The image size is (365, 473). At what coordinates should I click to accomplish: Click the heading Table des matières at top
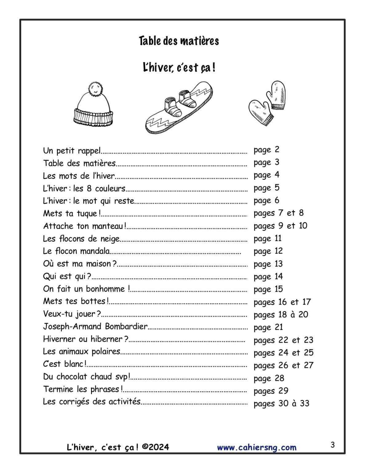(179, 41)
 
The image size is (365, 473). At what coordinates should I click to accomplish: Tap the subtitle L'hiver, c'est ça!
(179, 67)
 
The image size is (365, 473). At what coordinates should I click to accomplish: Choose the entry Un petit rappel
(72, 151)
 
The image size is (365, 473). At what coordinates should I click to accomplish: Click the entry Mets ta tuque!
(70, 213)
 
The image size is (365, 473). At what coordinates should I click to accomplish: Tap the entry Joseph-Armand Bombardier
(95, 326)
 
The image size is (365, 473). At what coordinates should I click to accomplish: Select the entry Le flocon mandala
(76, 251)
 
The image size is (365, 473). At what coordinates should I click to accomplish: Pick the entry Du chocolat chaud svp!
(86, 377)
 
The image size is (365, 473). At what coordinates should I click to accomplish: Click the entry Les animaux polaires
(81, 352)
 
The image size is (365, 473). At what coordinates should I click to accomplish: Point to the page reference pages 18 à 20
(281, 315)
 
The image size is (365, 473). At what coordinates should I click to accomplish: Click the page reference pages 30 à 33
(281, 403)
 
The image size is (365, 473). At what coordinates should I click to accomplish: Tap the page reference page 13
(268, 264)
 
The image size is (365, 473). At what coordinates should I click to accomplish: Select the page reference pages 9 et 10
(280, 226)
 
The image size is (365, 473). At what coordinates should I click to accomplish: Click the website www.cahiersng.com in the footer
(257, 447)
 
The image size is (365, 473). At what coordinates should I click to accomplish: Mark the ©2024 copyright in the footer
(156, 447)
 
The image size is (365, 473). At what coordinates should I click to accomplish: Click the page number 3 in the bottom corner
(332, 445)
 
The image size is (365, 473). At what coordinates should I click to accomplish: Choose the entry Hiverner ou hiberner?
(85, 339)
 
